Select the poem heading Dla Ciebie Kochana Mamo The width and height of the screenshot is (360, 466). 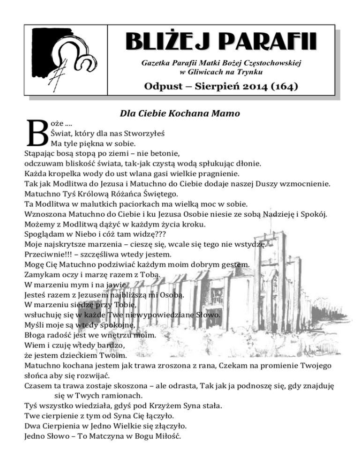180,113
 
